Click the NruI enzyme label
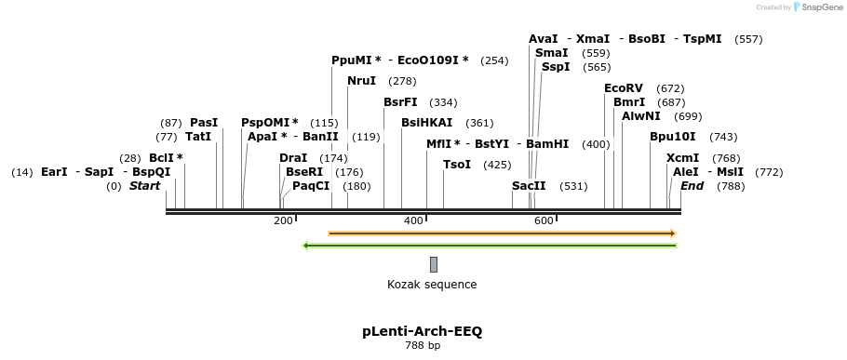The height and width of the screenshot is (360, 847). [x=361, y=81]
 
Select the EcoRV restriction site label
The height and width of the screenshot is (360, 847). [x=624, y=88]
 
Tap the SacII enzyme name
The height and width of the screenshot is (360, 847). [x=529, y=186]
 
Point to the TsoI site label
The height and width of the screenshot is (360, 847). [x=457, y=165]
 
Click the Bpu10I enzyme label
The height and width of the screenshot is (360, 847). [x=672, y=137]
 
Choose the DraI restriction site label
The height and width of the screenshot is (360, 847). [x=293, y=158]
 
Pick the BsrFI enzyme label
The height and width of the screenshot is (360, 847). [x=400, y=102]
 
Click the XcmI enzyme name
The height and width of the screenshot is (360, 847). [x=682, y=158]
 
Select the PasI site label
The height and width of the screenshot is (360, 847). [x=204, y=123]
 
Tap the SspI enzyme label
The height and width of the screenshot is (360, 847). [x=556, y=67]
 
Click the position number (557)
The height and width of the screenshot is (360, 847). [x=748, y=39]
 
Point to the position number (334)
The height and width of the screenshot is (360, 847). [x=443, y=102]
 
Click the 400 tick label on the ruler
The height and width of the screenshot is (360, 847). [x=413, y=220]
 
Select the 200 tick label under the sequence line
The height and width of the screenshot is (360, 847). [x=283, y=220]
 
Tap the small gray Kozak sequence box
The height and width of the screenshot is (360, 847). [x=434, y=265]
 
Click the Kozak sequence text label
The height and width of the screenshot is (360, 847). [x=432, y=285]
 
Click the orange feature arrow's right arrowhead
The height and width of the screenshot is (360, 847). [x=672, y=233]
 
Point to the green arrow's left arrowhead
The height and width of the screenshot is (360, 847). [x=306, y=246]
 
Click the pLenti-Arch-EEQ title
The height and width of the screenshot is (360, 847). [x=422, y=331]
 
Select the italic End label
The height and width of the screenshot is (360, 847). [x=692, y=186]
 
